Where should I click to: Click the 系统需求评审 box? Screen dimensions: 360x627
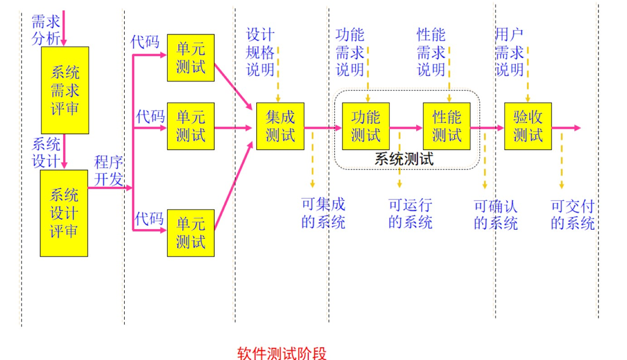tap(65, 90)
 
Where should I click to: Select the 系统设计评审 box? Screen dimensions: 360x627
tap(64, 213)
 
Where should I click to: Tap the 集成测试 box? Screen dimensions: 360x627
tap(280, 126)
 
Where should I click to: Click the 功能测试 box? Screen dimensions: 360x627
tap(366, 126)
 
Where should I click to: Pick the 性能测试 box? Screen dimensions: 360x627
tap(446, 126)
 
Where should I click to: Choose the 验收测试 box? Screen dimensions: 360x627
tap(528, 126)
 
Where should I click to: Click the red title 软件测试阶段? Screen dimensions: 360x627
tap(281, 353)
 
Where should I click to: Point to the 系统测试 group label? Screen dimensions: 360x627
tap(404, 159)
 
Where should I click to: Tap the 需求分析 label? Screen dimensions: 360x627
tap(46, 31)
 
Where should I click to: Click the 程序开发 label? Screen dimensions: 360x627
tap(109, 171)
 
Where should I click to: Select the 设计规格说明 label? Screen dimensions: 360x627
tap(261, 53)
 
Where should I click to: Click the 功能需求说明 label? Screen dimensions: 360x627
tap(350, 53)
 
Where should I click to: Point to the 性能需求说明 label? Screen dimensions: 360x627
tap(431, 53)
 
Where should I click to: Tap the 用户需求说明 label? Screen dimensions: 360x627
tap(509, 53)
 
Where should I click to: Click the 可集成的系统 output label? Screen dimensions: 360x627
tap(323, 214)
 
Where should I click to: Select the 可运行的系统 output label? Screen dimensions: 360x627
tap(411, 214)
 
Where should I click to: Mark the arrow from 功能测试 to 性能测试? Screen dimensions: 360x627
tap(407, 127)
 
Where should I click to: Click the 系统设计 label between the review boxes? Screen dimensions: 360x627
tap(46, 152)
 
